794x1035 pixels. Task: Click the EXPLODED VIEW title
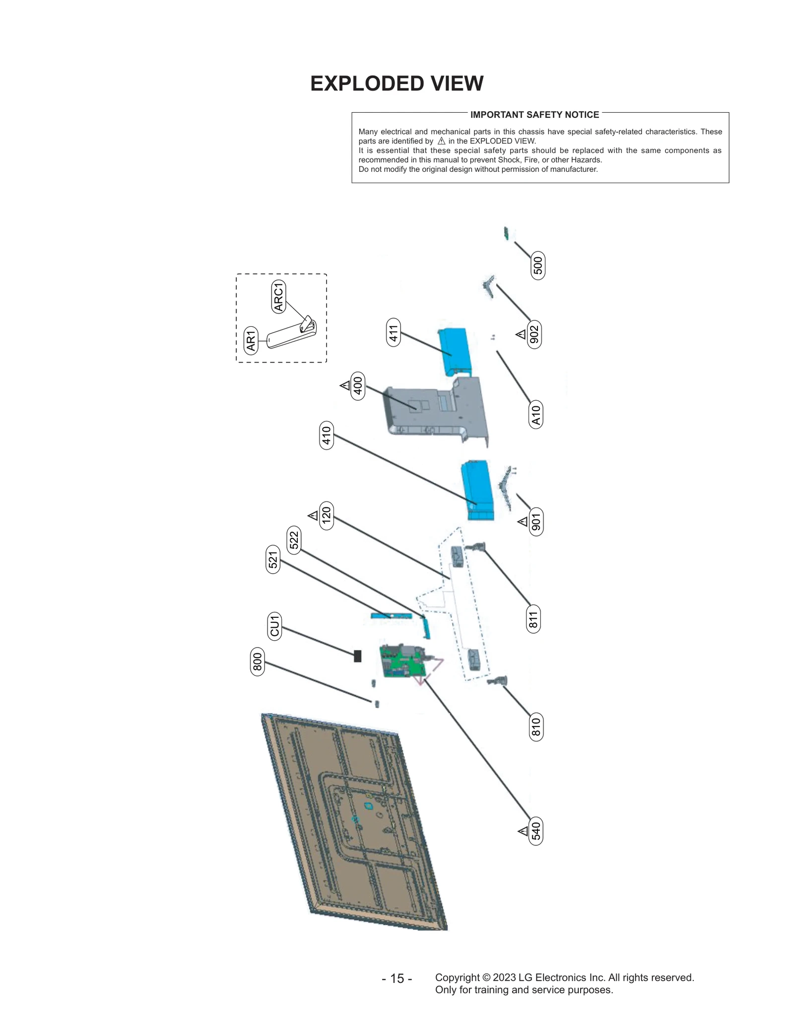click(x=397, y=83)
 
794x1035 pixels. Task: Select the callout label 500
click(x=537, y=266)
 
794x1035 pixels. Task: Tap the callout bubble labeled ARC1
click(x=278, y=296)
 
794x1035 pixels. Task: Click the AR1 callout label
click(x=251, y=340)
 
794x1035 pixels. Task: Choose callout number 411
click(x=393, y=332)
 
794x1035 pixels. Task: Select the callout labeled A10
click(x=535, y=414)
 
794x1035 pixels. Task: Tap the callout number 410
click(x=326, y=436)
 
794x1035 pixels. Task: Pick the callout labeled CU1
click(x=274, y=626)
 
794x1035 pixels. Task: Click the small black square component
click(x=357, y=656)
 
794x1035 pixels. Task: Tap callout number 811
click(x=533, y=619)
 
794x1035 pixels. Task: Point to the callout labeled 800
click(x=257, y=662)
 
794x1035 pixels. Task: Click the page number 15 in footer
click(x=397, y=978)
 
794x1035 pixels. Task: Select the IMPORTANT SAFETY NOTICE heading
click(x=534, y=115)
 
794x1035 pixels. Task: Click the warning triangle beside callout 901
click(x=522, y=521)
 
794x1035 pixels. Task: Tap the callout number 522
click(x=294, y=540)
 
